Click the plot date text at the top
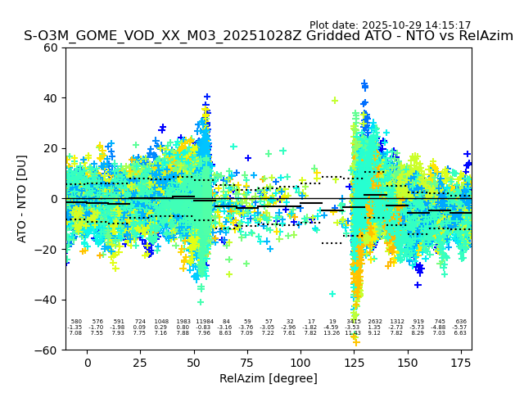coord(390,25)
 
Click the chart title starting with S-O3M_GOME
coord(269,36)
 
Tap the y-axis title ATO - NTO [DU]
coord(22,198)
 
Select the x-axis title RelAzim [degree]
coord(269,378)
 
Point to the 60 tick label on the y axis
coord(51,47)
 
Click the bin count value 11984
coord(204,322)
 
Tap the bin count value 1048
coord(161,322)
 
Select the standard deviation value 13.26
coord(332,333)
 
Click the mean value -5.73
coord(418,327)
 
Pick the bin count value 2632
coord(375,322)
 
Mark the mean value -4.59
coord(332,327)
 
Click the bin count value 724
coord(140,322)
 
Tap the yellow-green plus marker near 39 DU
coord(335,101)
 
